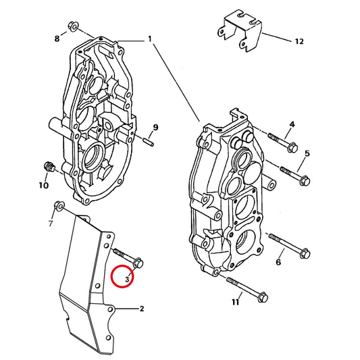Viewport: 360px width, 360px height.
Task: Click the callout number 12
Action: pos(299,42)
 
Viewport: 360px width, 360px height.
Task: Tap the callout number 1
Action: pos(150,38)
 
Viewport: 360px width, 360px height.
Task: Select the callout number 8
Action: pos(57,38)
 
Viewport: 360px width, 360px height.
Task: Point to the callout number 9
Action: pos(155,127)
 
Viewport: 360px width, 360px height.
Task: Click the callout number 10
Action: pos(44,185)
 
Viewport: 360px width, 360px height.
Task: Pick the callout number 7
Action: pos(51,223)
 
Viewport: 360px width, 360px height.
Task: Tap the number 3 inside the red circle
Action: pos(128,279)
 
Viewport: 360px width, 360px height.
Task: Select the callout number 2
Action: pos(142,309)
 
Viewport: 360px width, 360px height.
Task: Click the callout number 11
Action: pos(236,302)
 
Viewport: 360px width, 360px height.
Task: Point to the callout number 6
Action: pos(278,262)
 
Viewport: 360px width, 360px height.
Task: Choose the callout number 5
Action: pos(307,153)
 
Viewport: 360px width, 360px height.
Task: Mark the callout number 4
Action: pos(292,124)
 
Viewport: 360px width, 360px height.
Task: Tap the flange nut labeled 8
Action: pos(73,26)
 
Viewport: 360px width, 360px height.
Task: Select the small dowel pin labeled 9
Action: pos(148,142)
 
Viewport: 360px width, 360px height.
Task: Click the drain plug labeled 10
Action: pos(49,167)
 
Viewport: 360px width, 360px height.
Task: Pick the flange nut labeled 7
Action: pos(59,205)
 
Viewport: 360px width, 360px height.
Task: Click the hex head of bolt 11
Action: pos(263,297)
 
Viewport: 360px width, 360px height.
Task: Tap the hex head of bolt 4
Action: pos(292,147)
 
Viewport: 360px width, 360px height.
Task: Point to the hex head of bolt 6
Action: pos(305,254)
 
